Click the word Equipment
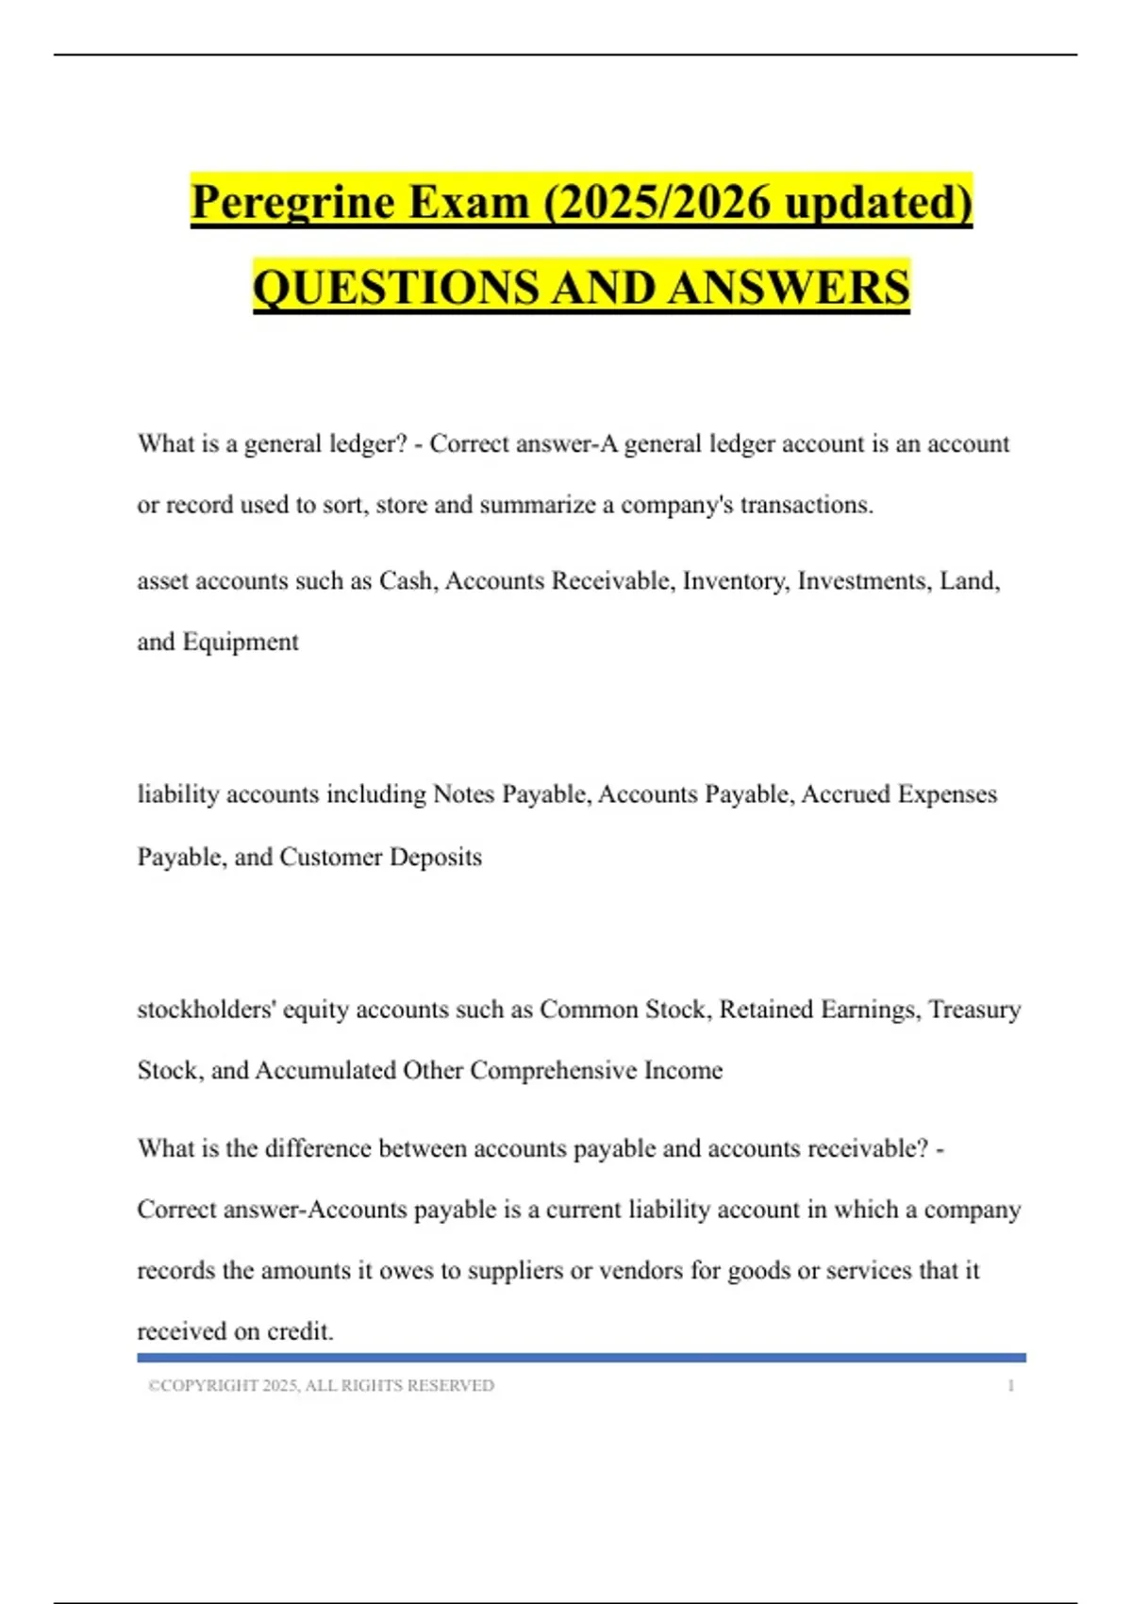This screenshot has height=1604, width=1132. coord(241,643)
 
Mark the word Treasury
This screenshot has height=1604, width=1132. coord(974,1010)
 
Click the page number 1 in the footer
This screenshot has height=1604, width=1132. coord(1010,1386)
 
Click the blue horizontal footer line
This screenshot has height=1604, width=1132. coord(581,1358)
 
